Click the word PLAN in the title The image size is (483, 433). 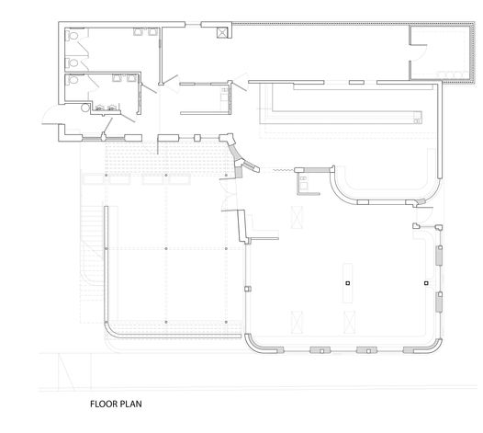tap(131, 404)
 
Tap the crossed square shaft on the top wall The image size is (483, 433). tap(222, 32)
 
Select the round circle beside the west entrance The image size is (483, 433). tap(85, 108)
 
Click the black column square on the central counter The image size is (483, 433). tap(348, 283)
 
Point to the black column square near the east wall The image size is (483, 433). tap(426, 283)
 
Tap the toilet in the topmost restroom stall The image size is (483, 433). tap(73, 35)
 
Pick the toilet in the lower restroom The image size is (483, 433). tap(73, 80)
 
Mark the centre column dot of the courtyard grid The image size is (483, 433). tap(166, 248)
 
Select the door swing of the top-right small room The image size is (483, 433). tap(420, 52)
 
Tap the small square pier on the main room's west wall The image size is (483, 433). tap(248, 289)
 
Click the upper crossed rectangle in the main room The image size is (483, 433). tap(297, 218)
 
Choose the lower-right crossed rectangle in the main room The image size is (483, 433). tap(349, 323)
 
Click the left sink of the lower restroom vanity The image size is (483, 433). tap(99, 108)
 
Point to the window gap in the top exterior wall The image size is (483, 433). tap(193, 24)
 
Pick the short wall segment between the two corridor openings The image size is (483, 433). tap(356, 83)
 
